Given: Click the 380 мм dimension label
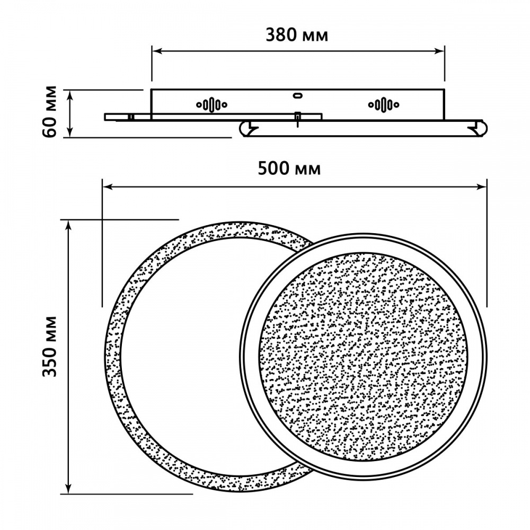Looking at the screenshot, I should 297,35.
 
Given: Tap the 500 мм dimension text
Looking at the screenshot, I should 289,169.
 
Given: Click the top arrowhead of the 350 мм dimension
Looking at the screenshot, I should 68,225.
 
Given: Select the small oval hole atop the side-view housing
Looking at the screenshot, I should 297,95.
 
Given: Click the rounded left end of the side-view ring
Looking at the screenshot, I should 245,129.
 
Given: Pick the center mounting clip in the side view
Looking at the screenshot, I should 298,118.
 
